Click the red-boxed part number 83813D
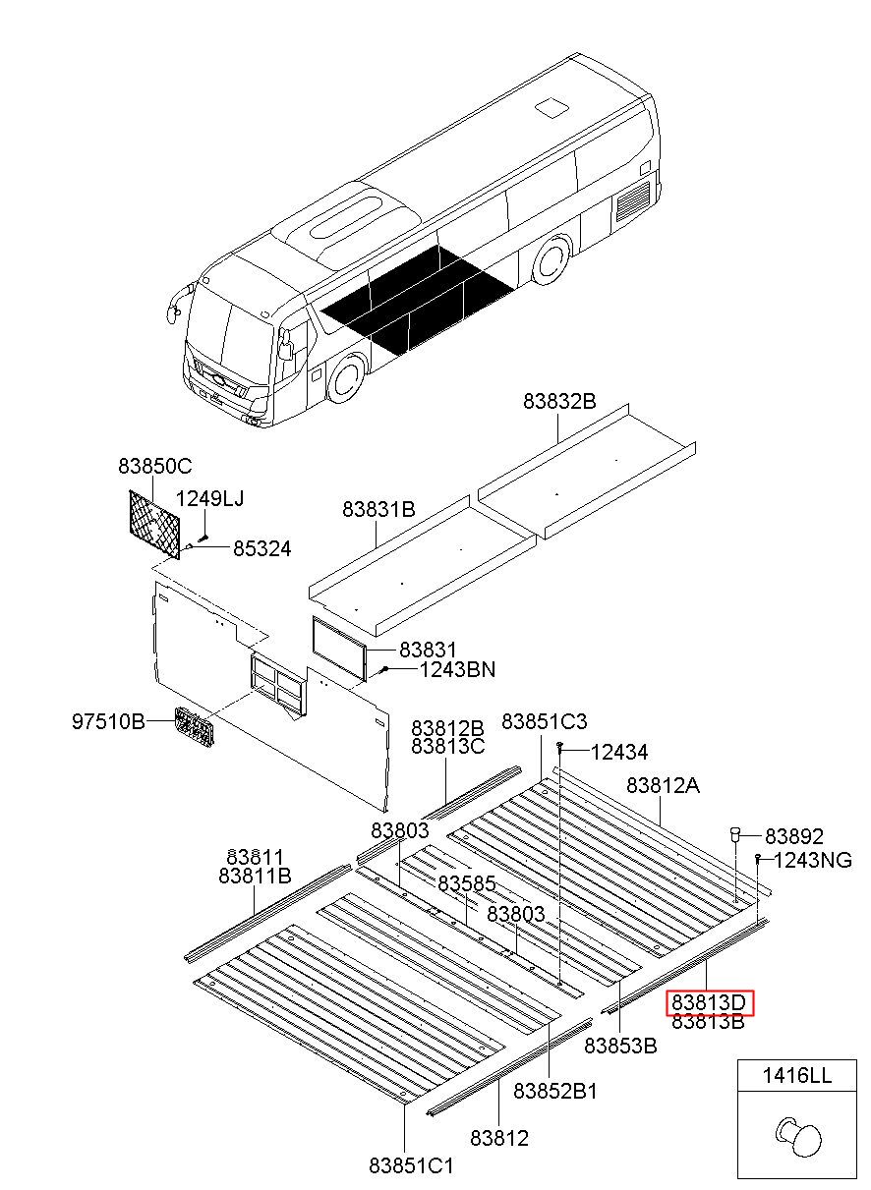pos(710,1003)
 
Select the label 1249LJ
pos(209,499)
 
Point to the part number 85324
pos(261,549)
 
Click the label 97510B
pos(108,722)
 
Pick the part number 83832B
pos(559,402)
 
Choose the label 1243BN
pos(457,670)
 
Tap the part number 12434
pos(619,753)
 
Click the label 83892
pos(794,836)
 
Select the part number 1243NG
pos(813,861)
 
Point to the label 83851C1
pos(412,1165)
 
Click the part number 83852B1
pos(555,1091)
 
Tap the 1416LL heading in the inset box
pos(796,1076)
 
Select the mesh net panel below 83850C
pos(155,524)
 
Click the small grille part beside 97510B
pos(196,728)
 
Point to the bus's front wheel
pos(345,379)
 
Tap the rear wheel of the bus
pos(550,261)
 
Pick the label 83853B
pos(620,1046)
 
